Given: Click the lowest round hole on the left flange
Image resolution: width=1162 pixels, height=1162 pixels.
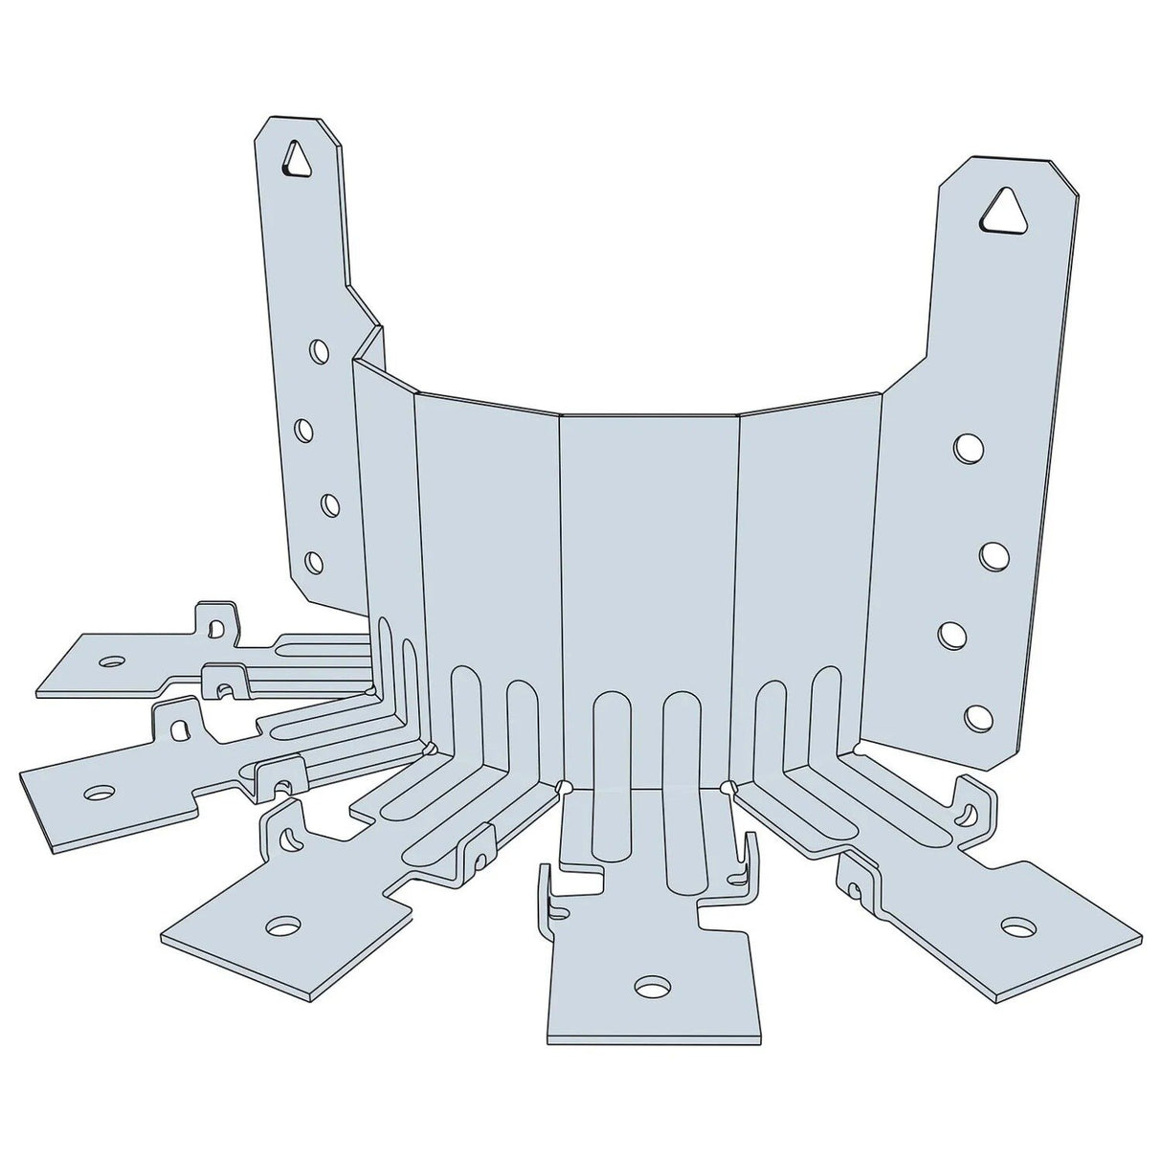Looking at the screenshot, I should [313, 562].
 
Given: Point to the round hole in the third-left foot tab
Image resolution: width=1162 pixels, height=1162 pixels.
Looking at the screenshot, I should [282, 926].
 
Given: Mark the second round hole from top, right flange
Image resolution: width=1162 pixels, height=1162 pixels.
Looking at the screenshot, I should [994, 554].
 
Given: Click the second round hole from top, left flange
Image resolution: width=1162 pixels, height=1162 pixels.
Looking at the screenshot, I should [303, 430].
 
